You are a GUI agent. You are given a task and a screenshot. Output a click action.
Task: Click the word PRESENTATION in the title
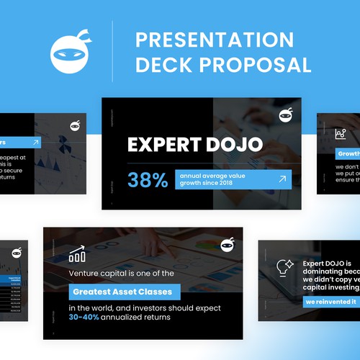[215, 40]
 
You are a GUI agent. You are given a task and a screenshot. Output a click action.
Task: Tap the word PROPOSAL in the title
[261, 66]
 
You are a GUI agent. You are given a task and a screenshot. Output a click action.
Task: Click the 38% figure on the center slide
[148, 180]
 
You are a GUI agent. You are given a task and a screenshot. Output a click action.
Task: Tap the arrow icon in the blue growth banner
[282, 179]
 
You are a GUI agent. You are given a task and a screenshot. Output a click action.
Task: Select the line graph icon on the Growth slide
[341, 134]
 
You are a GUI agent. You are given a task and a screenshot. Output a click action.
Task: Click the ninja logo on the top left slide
[75, 126]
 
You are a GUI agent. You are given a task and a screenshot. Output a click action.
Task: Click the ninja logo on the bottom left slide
[17, 252]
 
